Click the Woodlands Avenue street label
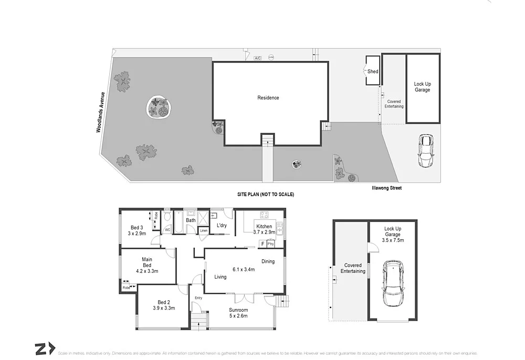(x=100, y=112)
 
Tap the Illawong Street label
(x=386, y=188)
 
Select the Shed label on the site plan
(x=373, y=71)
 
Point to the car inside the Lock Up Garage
(x=393, y=283)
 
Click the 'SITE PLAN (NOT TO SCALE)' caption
(x=265, y=195)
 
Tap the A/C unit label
(x=257, y=58)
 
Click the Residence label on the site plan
(x=268, y=98)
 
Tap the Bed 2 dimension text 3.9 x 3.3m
(x=163, y=309)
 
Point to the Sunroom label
(x=238, y=310)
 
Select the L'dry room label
(x=222, y=226)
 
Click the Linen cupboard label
(x=204, y=231)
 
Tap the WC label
(x=168, y=230)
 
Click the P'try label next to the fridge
(x=271, y=244)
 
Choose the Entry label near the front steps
(x=198, y=298)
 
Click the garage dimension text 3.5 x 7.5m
(x=394, y=241)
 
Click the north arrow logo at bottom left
(x=45, y=348)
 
